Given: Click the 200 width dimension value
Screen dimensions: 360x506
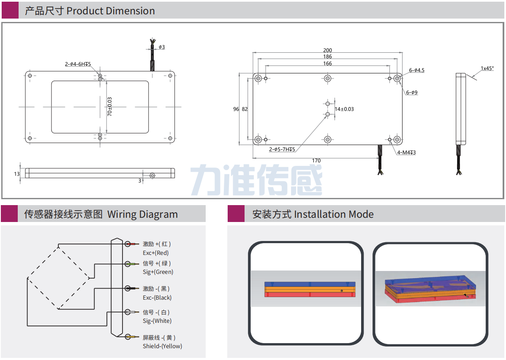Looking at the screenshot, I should (327, 50).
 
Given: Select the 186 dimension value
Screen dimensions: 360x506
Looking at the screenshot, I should (327, 57).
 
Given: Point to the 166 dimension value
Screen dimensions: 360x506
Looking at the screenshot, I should (327, 64).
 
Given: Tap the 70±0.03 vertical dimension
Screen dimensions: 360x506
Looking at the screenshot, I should (109, 107).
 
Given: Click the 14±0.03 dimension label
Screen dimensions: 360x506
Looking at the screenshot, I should (344, 109).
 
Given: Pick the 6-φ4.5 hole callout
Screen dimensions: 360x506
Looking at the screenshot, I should (416, 70).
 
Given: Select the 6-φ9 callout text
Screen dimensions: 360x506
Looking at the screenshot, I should (412, 92).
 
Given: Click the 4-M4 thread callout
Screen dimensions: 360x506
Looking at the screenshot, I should (406, 152).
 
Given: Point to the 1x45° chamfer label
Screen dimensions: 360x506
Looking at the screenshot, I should (487, 68).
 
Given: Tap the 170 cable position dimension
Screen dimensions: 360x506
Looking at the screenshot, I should (316, 161).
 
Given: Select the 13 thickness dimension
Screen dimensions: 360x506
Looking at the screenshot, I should (16, 173).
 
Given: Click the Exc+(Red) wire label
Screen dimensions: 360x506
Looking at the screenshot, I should (155, 253).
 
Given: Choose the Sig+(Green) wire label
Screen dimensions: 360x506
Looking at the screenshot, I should (158, 272).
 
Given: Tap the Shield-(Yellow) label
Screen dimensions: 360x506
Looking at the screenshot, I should (162, 346).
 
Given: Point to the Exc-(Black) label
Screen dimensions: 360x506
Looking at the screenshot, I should (157, 298).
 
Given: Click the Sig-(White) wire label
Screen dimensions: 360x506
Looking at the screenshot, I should (157, 321).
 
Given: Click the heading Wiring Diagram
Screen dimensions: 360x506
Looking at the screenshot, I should (142, 214).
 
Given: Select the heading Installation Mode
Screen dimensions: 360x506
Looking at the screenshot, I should (334, 214).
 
